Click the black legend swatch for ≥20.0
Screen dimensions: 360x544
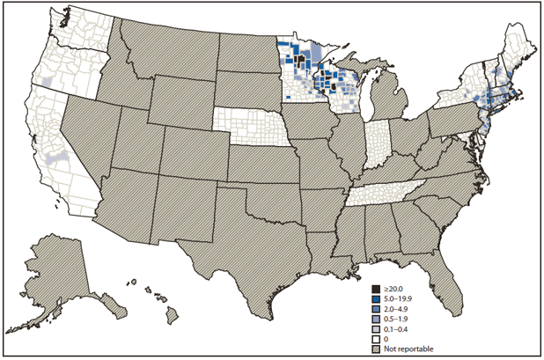[376, 288]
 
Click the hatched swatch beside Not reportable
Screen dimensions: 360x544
[376, 346]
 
